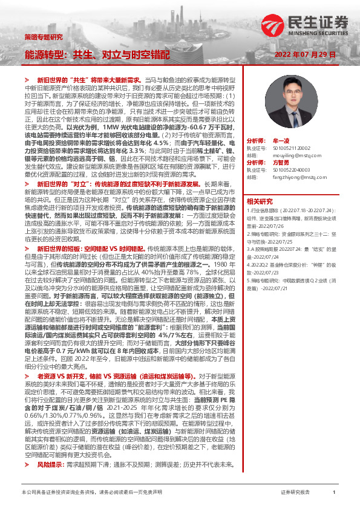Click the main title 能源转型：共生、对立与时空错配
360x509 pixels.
click(97, 54)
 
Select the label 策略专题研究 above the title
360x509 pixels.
click(43, 37)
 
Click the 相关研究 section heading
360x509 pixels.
click(260, 201)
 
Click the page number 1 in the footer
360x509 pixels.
click(334, 493)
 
